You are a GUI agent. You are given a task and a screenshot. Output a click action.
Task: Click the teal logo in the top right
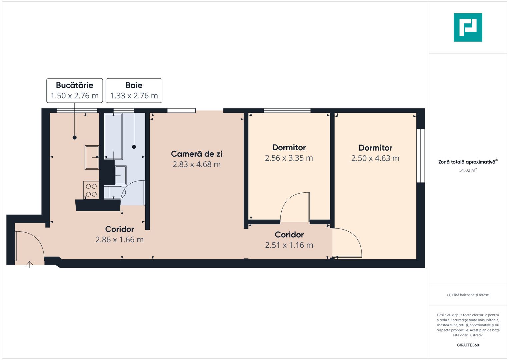(468, 27)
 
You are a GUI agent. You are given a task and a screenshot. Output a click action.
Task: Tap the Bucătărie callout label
(74, 90)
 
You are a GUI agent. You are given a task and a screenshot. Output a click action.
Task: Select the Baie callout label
(134, 90)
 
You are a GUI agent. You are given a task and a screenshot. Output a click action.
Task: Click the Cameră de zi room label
(196, 154)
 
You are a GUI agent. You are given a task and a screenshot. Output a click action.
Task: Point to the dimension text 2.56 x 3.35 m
(289, 158)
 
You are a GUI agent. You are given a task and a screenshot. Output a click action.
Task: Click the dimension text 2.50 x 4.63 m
(375, 158)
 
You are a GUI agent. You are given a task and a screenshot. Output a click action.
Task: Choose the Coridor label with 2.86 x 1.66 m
(119, 229)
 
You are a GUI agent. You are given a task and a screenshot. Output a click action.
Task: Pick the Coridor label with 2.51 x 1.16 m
(289, 235)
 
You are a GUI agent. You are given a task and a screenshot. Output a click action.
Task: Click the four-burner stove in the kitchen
(91, 190)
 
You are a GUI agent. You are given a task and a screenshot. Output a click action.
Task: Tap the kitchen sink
(92, 157)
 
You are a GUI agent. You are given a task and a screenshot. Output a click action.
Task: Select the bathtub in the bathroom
(113, 136)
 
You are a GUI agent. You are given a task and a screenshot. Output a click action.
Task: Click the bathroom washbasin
(120, 175)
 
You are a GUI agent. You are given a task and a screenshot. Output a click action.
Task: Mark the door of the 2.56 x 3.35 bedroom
(295, 207)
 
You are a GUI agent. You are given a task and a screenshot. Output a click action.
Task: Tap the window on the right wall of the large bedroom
(421, 156)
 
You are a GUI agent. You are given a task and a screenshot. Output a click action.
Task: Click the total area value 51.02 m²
(468, 170)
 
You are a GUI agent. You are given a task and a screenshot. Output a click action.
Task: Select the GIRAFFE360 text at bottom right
(468, 345)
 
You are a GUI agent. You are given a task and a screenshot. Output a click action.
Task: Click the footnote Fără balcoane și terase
(468, 295)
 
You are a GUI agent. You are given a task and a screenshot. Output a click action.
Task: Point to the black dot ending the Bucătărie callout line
(75, 137)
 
